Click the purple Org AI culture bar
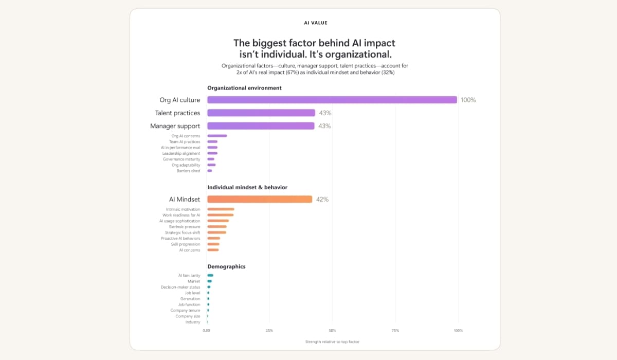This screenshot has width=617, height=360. [x=332, y=100]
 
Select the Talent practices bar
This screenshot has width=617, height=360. [x=261, y=113]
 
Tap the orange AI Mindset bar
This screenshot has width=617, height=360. [x=260, y=199]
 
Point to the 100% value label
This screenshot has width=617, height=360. [x=468, y=100]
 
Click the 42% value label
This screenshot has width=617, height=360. [x=322, y=200]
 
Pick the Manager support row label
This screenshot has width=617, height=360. [x=175, y=126]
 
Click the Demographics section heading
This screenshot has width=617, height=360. [x=226, y=266]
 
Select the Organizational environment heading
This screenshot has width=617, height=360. [x=244, y=88]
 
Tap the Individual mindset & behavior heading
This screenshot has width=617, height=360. [x=247, y=187]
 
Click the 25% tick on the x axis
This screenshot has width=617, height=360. [x=269, y=331]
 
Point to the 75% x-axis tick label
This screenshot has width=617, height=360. [x=395, y=331]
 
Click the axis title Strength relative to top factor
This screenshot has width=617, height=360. [x=332, y=342]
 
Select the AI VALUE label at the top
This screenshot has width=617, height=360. [x=316, y=23]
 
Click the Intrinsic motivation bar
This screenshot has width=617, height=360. [x=221, y=209]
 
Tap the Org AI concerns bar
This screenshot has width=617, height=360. [x=217, y=136]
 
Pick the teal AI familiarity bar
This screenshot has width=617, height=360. [x=210, y=276]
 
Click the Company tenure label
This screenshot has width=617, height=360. [x=185, y=311]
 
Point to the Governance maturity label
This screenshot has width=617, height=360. [x=181, y=159]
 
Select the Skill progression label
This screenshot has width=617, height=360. [x=186, y=244]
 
